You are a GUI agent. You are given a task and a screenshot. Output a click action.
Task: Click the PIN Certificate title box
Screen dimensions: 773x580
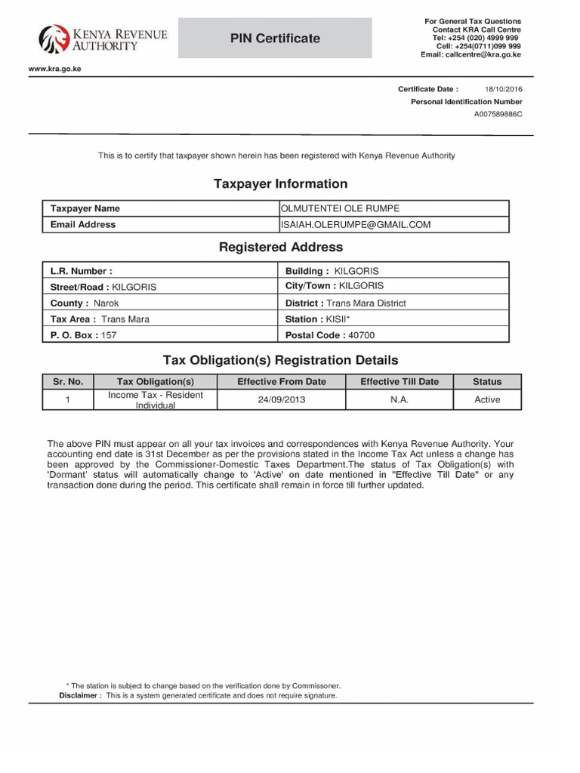click(275, 38)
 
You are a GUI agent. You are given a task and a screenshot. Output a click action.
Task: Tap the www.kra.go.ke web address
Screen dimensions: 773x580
click(54, 69)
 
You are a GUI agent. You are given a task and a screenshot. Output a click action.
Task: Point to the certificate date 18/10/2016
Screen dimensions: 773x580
click(503, 89)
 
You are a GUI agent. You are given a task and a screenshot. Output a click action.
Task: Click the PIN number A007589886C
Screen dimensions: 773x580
click(498, 114)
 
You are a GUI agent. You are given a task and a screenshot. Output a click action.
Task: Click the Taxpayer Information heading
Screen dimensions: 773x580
click(280, 183)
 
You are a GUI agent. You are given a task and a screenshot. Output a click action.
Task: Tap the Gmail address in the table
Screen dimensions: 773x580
click(356, 224)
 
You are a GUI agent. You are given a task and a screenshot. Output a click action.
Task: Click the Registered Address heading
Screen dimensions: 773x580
click(280, 247)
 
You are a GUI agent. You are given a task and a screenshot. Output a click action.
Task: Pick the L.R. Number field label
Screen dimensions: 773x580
click(81, 270)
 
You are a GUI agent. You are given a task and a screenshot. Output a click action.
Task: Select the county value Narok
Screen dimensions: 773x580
click(106, 303)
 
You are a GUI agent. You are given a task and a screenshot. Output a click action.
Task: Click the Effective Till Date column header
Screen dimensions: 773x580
click(399, 381)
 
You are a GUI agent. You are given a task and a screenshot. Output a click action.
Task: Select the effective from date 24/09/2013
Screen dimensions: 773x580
click(281, 399)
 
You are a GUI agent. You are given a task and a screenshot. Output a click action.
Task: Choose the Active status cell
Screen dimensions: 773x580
click(486, 399)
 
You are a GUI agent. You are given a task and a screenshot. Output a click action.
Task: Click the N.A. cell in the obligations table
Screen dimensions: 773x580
click(399, 399)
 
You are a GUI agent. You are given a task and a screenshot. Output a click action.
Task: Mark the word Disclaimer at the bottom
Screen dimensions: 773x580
click(79, 695)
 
